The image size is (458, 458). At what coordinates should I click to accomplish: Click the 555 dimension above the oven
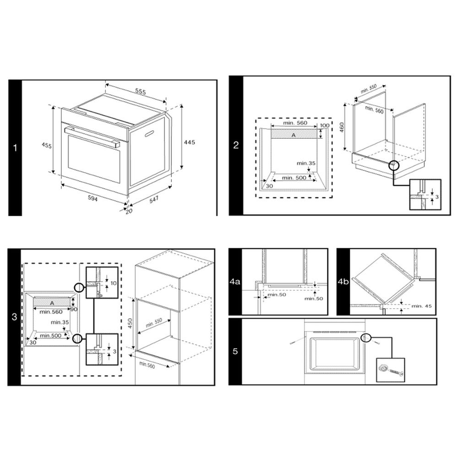[140, 92]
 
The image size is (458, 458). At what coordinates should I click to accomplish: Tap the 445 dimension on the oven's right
[189, 142]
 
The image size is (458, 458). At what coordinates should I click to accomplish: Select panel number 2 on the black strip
[236, 146]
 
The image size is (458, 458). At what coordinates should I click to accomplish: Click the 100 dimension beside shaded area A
[324, 125]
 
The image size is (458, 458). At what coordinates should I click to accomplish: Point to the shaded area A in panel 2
[294, 135]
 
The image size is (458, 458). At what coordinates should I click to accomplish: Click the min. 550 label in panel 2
[368, 89]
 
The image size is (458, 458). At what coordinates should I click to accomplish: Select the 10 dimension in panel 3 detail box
[114, 284]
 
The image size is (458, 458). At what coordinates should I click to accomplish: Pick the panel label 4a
[235, 282]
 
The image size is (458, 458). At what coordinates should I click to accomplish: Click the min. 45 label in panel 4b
[421, 306]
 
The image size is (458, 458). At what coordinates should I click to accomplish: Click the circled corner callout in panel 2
[393, 166]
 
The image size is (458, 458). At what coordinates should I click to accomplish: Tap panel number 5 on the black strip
[235, 352]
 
